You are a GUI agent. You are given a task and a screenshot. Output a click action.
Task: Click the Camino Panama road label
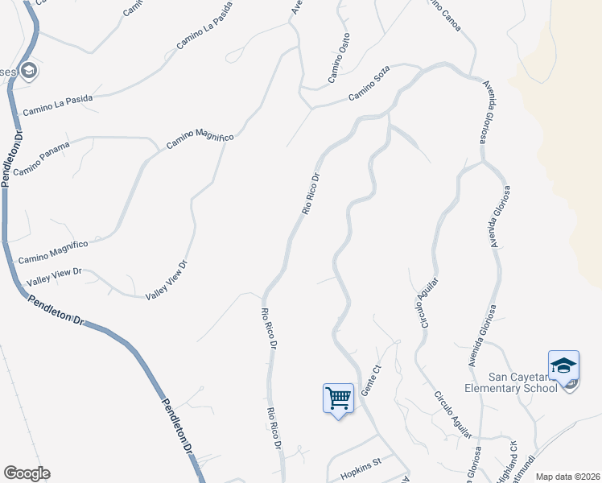(x=42, y=159)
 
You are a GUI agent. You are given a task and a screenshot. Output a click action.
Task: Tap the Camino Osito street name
(x=339, y=58)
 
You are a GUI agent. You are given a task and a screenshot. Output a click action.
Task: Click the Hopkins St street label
(x=360, y=468)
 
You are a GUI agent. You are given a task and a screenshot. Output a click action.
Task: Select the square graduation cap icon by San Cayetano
(x=563, y=366)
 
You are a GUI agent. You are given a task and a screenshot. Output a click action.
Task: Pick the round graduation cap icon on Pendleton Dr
(x=30, y=72)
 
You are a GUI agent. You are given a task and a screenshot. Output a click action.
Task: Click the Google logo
(x=27, y=473)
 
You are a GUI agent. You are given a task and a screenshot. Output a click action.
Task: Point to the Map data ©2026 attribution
(x=568, y=477)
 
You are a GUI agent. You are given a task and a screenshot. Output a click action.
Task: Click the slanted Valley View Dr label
(x=166, y=280)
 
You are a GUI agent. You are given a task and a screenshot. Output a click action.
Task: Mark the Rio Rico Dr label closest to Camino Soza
(x=311, y=194)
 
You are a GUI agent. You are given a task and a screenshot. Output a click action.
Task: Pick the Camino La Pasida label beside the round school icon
(x=58, y=103)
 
